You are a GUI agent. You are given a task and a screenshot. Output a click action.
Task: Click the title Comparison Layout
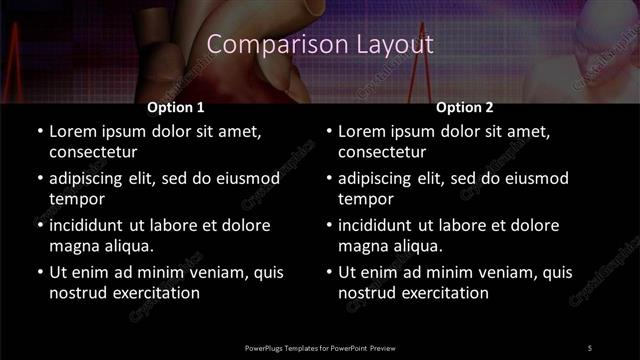(320, 45)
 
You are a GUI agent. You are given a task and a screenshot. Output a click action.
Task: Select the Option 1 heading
(176, 107)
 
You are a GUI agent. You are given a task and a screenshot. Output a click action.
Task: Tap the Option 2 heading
(465, 107)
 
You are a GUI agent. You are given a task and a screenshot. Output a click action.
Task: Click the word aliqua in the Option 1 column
(128, 245)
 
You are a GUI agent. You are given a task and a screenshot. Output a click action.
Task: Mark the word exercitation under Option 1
(154, 293)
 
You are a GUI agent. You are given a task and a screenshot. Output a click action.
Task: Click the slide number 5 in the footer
(590, 347)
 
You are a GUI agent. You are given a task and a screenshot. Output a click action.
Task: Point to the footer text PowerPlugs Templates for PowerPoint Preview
(320, 347)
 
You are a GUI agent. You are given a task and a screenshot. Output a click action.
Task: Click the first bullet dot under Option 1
(40, 131)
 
